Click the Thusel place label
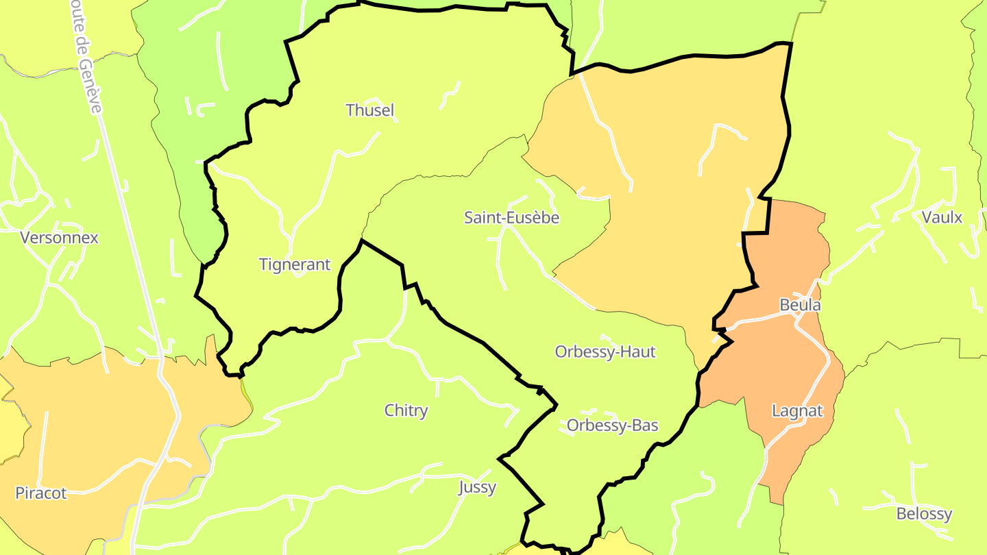coord(370,110)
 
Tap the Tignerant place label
coord(295,264)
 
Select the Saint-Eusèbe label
coord(511,218)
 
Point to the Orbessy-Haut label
coord(605,352)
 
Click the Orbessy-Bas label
coord(612,425)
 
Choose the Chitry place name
coord(406,410)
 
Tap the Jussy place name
coord(477,488)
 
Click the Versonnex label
coord(60,238)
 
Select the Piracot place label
coord(41,493)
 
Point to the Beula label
coord(800,305)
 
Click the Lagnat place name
coord(797,411)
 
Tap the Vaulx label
coord(942,218)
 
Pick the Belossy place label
coord(924,514)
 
